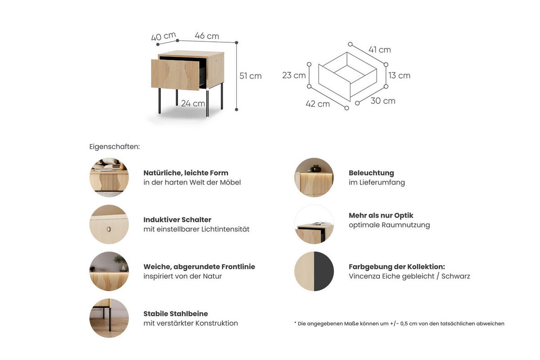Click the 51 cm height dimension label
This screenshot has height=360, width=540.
point(251,76)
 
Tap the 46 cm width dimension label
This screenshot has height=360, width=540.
point(207,36)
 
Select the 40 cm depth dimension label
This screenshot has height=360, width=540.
point(163,36)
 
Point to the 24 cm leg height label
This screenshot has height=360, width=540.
point(193,103)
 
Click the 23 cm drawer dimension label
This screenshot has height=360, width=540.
point(294,75)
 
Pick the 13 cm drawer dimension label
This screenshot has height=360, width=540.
point(399,76)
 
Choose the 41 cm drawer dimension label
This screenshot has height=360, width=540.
point(379,49)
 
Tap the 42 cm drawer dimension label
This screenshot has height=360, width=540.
point(318,104)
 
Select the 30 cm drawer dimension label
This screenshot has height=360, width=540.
point(383,101)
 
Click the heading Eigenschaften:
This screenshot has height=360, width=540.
point(114,147)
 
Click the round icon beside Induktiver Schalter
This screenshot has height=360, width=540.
point(109,225)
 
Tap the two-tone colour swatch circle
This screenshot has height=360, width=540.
point(314,271)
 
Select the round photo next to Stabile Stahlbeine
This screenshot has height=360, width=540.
point(109,318)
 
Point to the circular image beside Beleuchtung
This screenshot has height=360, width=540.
point(314,177)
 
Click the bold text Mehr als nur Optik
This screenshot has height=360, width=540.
point(381,216)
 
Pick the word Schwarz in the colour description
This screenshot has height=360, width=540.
point(455,276)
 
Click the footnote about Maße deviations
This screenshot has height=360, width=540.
point(399,324)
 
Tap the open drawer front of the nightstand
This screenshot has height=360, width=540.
point(175,75)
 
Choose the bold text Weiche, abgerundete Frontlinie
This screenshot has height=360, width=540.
point(199,267)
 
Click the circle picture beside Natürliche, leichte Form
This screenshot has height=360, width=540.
point(109,177)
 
